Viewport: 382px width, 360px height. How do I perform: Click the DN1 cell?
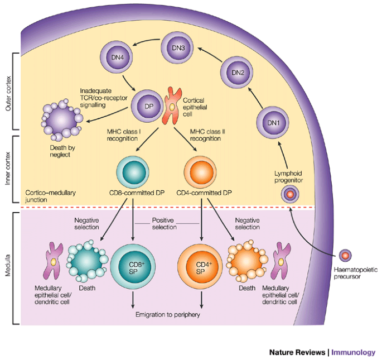click(273, 123)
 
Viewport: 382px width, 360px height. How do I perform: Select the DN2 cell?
click(237, 73)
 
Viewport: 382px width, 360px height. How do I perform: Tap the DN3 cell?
click(177, 48)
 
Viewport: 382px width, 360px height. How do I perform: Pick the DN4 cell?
click(117, 57)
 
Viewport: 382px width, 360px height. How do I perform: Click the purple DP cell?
click(147, 106)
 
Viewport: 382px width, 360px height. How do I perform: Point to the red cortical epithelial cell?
click(172, 106)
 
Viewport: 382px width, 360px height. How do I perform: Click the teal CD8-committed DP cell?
click(133, 172)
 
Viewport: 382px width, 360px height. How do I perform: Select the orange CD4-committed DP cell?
click(200, 172)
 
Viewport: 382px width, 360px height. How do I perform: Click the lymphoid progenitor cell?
click(290, 194)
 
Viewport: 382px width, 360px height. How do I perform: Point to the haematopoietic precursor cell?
click(345, 256)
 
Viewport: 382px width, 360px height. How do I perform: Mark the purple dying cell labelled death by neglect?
click(62, 120)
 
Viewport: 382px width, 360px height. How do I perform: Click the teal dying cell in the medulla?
click(87, 261)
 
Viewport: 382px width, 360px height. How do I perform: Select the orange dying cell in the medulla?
click(247, 261)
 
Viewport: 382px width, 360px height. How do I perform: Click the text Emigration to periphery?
click(168, 315)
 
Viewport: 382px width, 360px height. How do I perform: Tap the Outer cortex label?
click(8, 94)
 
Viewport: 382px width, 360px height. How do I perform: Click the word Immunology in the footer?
click(353, 352)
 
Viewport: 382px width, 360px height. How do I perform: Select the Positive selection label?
click(164, 224)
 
